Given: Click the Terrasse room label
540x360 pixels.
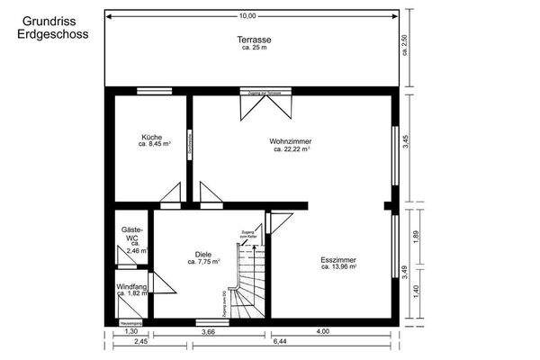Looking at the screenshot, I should [x=255, y=40].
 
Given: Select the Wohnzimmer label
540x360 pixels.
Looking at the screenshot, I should [x=291, y=141].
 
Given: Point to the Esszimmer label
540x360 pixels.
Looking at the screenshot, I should [x=339, y=262].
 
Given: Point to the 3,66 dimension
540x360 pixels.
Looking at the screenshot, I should [x=208, y=332].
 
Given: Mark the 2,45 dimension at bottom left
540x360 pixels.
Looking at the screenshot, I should [x=141, y=342].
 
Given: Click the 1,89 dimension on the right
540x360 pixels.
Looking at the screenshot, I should [x=417, y=236].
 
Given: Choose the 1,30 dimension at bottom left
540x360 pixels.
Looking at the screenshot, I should [x=130, y=332].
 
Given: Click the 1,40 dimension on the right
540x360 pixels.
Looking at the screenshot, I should [x=417, y=290].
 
